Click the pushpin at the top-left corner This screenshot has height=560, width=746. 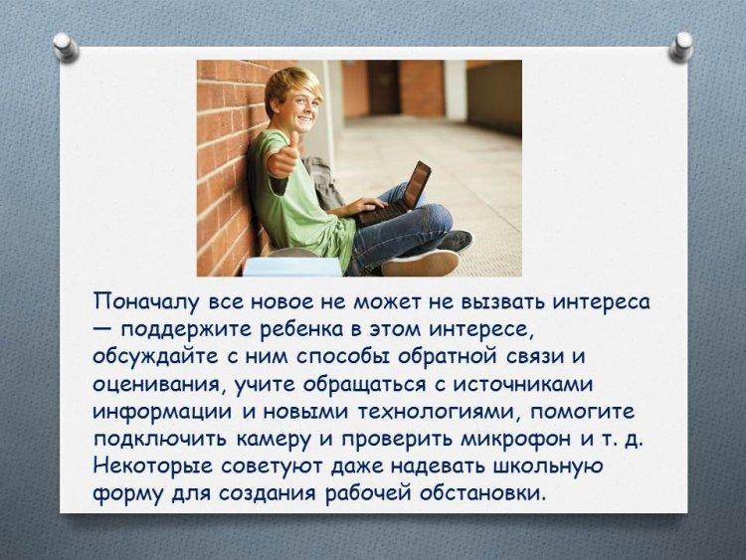[66, 47]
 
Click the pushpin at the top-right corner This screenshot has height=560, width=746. [680, 47]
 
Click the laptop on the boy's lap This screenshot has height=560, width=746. [394, 196]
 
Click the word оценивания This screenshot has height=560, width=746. [158, 385]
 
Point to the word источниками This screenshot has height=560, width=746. [522, 384]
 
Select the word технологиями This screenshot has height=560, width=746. [439, 412]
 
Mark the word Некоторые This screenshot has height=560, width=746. [153, 467]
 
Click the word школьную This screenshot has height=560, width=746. [548, 467]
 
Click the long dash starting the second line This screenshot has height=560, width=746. [103, 329]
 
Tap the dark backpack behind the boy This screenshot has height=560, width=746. [323, 182]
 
